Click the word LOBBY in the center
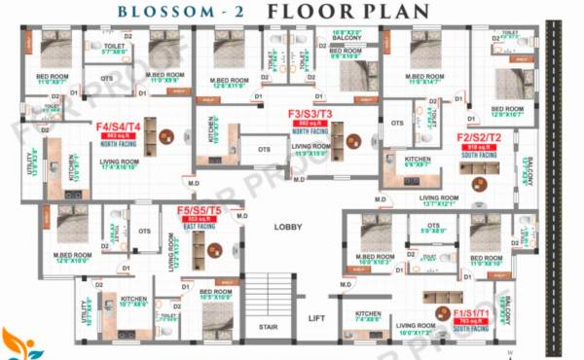(288, 227)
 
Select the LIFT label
(316, 318)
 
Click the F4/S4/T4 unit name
(118, 126)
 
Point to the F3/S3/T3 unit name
(310, 114)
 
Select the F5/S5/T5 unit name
(199, 211)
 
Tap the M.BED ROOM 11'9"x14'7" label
(424, 78)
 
